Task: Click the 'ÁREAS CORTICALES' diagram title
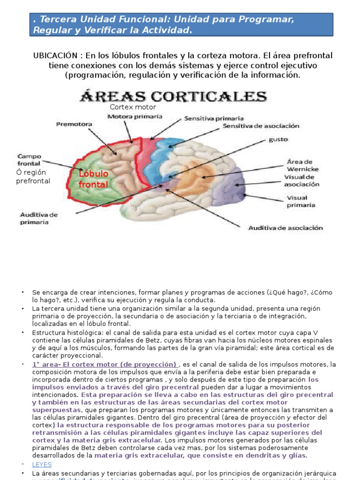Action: (174, 97)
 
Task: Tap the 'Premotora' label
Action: (74, 124)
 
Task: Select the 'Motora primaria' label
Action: (135, 116)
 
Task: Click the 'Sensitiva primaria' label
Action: (214, 119)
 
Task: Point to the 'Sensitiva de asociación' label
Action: (261, 126)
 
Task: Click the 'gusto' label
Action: (278, 139)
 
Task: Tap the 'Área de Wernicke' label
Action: (302, 165)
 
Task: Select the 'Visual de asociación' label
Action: (302, 180)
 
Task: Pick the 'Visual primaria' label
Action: (301, 201)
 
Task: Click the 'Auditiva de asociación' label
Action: (285, 228)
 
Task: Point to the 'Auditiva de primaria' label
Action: (38, 218)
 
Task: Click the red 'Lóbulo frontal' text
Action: (93, 179)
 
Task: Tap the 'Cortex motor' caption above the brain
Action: (133, 107)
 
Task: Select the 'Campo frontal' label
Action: (30, 160)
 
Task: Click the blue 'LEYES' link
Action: (42, 464)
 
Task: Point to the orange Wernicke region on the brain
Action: (197, 178)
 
